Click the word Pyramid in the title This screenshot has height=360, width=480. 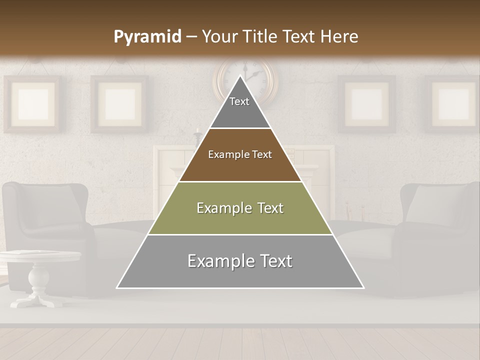147,37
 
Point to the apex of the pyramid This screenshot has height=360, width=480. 240,76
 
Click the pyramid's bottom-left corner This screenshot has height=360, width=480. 117,287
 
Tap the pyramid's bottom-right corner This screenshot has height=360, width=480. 363,287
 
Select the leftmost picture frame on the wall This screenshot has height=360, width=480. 32,104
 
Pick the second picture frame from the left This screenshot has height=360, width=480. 119,104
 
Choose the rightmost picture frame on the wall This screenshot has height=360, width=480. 452,104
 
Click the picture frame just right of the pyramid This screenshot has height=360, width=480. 366,104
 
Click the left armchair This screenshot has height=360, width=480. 47,220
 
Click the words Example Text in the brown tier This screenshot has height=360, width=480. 240,154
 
